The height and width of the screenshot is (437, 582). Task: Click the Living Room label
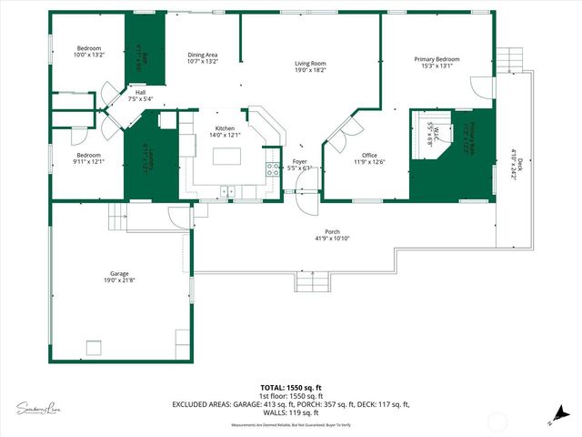tap(310, 65)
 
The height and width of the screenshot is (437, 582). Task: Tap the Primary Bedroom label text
tap(436, 60)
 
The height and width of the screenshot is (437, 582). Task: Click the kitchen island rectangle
tap(228, 156)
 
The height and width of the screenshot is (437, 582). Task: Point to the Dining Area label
tap(203, 56)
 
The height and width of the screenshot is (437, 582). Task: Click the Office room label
tap(368, 156)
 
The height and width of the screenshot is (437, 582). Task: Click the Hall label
tap(140, 92)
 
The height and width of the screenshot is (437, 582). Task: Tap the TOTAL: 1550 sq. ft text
tap(291, 387)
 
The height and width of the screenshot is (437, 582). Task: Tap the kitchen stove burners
tap(271, 168)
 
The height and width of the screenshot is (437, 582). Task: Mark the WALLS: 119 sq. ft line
tap(291, 413)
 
